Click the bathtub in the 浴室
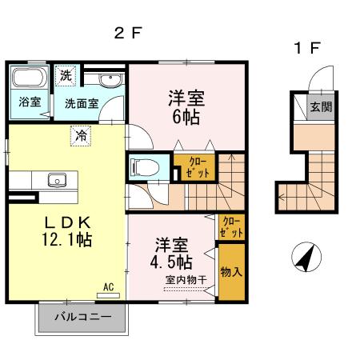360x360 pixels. (29, 81)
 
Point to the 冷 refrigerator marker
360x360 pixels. (81, 136)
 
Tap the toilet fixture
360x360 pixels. (146, 168)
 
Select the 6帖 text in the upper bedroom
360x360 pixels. (186, 116)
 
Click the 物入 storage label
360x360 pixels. (231, 272)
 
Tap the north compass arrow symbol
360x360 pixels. (304, 258)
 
